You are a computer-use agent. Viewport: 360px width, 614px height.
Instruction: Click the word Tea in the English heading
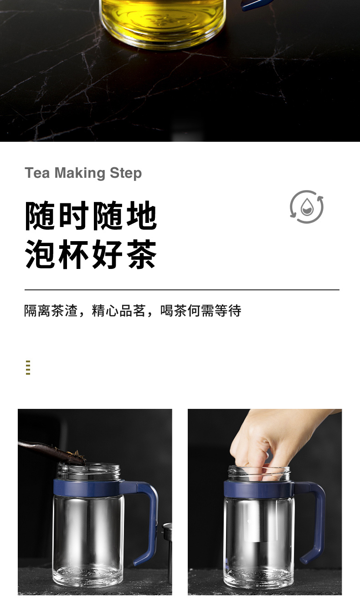pyautogui.click(x=37, y=173)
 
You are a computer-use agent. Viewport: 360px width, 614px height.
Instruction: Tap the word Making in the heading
pyautogui.click(x=80, y=173)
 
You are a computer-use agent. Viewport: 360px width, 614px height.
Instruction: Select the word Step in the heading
pyautogui.click(x=126, y=173)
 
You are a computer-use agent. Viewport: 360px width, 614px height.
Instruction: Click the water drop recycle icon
pyautogui.click(x=307, y=206)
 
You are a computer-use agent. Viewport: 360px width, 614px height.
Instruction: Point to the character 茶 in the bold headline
pyautogui.click(x=142, y=253)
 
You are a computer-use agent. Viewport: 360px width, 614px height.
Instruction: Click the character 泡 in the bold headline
pyautogui.click(x=40, y=253)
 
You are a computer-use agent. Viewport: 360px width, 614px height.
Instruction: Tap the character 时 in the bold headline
pyautogui.click(x=74, y=215)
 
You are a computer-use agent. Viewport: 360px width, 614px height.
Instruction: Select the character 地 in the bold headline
pyautogui.click(x=142, y=215)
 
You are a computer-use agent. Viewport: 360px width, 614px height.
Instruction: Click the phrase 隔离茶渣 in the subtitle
pyautogui.click(x=51, y=310)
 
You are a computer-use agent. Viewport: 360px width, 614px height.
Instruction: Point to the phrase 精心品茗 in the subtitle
pyautogui.click(x=118, y=310)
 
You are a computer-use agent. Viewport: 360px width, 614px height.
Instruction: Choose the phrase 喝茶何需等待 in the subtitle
pyautogui.click(x=201, y=310)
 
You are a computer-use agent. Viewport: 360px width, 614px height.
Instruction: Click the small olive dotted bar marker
pyautogui.click(x=28, y=367)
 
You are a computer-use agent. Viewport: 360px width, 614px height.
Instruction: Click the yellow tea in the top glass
pyautogui.click(x=163, y=19)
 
